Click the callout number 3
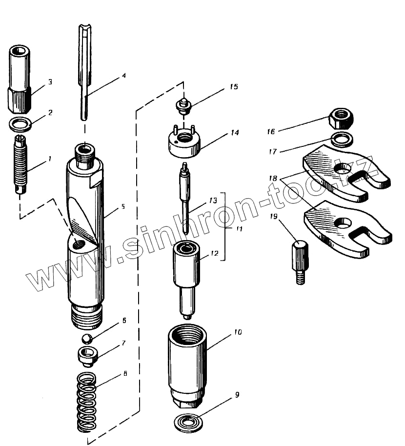50,82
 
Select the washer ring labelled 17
342,140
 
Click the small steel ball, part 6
87,339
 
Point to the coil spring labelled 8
87,403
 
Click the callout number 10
238,332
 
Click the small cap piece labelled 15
183,105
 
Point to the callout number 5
123,206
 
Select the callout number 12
213,253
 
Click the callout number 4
124,76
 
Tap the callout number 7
124,343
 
